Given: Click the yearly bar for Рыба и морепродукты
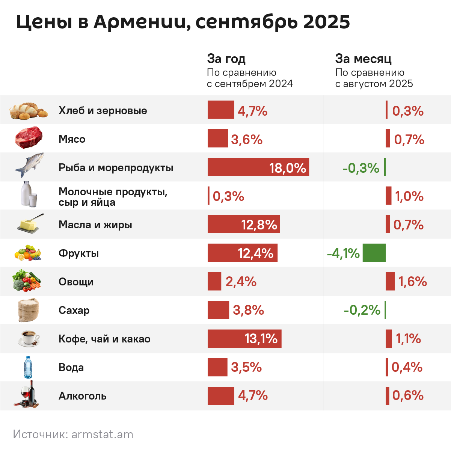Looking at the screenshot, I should tap(240, 167).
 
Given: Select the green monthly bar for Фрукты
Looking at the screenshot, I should tap(374, 253).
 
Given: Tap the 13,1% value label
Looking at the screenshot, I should tap(261, 339).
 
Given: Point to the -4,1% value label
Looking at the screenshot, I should tap(343, 253).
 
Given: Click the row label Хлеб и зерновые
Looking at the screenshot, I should tap(103, 110).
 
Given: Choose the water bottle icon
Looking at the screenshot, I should tap(28, 367).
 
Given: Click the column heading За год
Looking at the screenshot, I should tap(226, 59).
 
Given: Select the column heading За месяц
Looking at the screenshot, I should tap(363, 59).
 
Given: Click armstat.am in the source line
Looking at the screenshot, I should tap(102, 434).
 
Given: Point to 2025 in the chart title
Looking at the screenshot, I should tap(326, 22).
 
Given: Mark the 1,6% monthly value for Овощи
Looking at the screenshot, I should tap(412, 282).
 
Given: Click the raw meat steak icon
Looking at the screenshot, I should tap(29, 137).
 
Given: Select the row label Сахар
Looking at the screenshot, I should tap(74, 310).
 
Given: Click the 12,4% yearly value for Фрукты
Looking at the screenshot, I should tap(255, 253).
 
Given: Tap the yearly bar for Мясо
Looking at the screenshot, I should tap(218, 139).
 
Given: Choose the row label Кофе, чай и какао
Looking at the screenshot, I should tap(104, 339).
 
